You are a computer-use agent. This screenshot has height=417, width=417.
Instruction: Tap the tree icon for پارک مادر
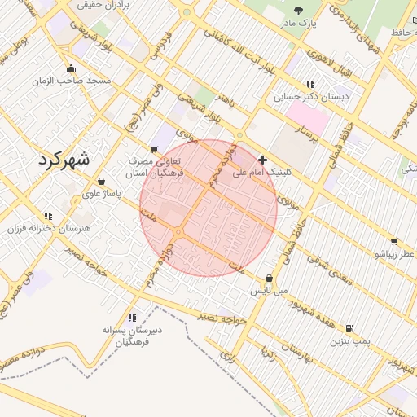(299, 11)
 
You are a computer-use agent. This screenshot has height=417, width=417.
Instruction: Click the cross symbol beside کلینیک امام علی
(261, 160)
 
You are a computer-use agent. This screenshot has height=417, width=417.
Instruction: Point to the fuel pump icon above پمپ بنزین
(349, 328)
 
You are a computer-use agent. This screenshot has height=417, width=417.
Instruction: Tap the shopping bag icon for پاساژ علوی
(101, 182)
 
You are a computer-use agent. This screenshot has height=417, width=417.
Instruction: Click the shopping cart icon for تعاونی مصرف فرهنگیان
(155, 149)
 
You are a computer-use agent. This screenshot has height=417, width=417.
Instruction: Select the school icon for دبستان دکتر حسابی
(309, 83)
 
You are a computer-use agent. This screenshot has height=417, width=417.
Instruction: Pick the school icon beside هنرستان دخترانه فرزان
(48, 216)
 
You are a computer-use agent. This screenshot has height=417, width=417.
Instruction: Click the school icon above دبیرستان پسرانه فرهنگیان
(131, 317)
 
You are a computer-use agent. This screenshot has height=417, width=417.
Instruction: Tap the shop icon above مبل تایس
(269, 278)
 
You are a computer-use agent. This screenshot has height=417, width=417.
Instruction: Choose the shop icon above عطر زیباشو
(394, 242)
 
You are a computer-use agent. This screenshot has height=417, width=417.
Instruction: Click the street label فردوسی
(158, 47)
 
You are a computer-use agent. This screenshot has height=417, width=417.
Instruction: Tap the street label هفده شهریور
(306, 311)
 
